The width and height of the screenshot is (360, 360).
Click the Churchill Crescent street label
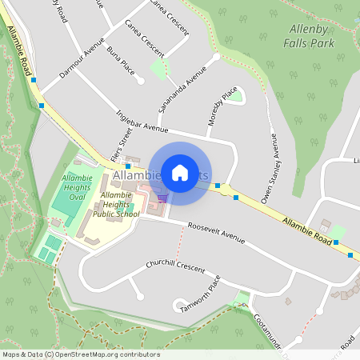pyautogui.click(x=175, y=266)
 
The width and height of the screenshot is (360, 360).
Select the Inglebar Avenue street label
pyautogui.click(x=142, y=121)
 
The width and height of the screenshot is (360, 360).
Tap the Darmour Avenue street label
pyautogui.click(x=82, y=62)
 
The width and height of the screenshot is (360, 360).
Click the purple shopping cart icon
pyautogui.click(x=162, y=198)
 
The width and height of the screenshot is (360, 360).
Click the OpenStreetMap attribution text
pyautogui.click(x=80, y=354)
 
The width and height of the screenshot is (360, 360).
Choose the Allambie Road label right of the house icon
pyautogui.click(x=306, y=228)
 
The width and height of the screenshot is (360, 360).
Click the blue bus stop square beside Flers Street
pyautogui.click(x=128, y=166)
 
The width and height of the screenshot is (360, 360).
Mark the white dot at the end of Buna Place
pyautogui.click(x=140, y=81)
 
